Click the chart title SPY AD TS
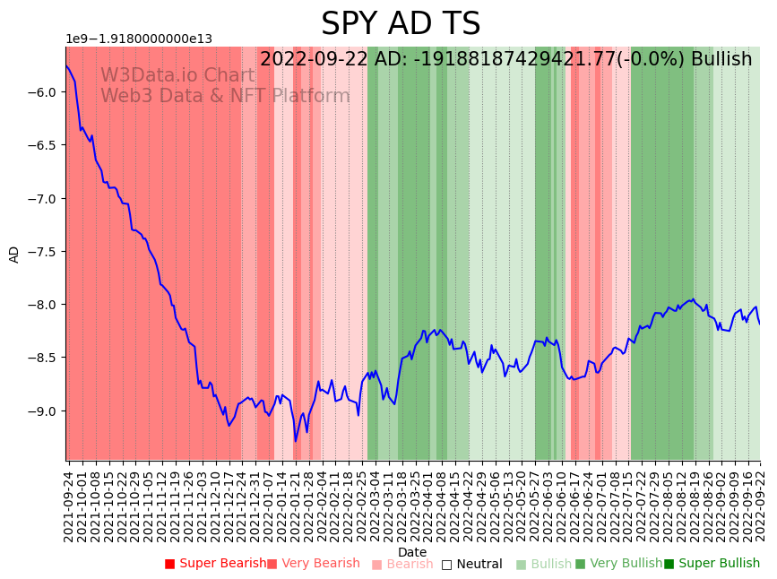coord(401,24)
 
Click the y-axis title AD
coord(14,254)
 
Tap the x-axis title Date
coord(412,552)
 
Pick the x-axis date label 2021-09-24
coord(69,502)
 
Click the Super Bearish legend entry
coord(216,564)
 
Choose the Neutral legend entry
coord(472,564)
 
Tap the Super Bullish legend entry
coord(712,564)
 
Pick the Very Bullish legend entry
coord(619,564)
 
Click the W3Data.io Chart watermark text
coord(177,76)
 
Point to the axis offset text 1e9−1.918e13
coord(139,39)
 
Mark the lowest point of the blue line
coord(296,441)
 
